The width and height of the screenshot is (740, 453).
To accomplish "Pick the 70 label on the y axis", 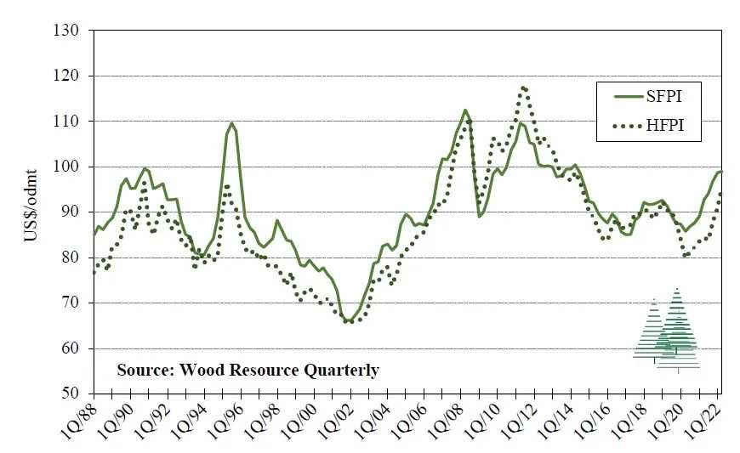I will (71, 303).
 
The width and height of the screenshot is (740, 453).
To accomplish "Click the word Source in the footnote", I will (143, 371).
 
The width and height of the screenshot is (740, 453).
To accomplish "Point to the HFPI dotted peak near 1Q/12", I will (524, 87).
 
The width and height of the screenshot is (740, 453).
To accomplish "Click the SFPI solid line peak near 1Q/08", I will (465, 110).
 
